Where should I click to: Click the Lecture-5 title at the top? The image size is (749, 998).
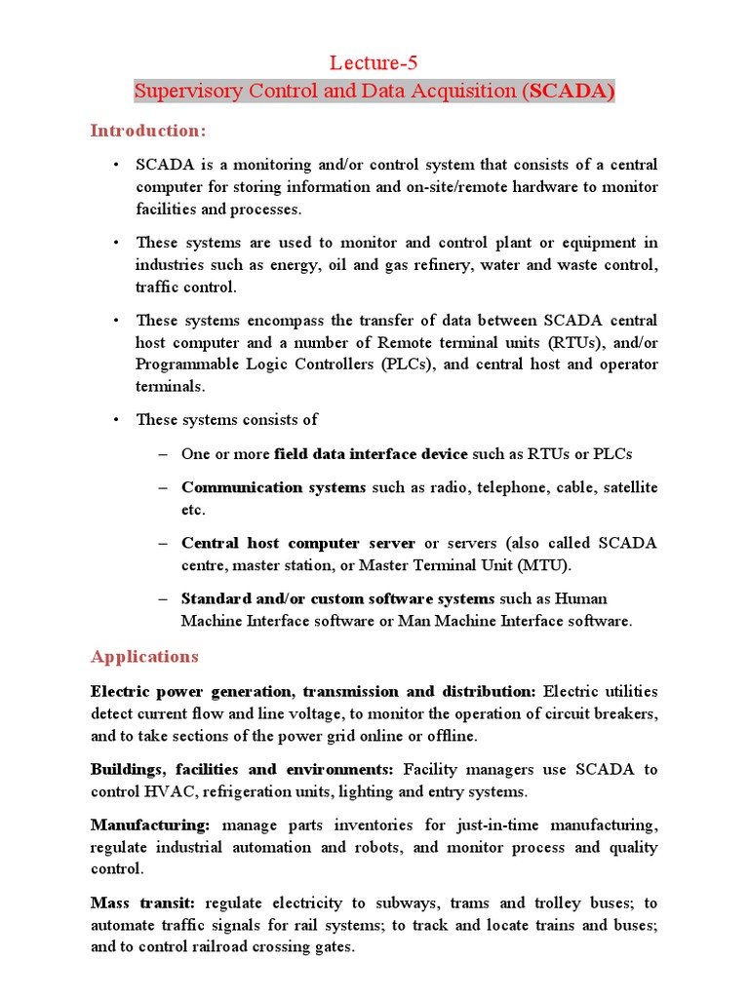[374, 64]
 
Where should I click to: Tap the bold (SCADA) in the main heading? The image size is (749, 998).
[570, 92]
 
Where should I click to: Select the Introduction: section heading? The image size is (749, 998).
[148, 131]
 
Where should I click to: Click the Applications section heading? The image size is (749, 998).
[144, 656]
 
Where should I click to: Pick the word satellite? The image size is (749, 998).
[626, 487]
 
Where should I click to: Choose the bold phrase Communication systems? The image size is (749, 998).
[273, 487]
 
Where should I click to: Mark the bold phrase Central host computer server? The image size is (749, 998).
[297, 543]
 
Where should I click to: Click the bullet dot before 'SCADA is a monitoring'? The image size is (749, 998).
[116, 165]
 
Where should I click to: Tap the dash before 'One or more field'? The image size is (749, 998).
[162, 454]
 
